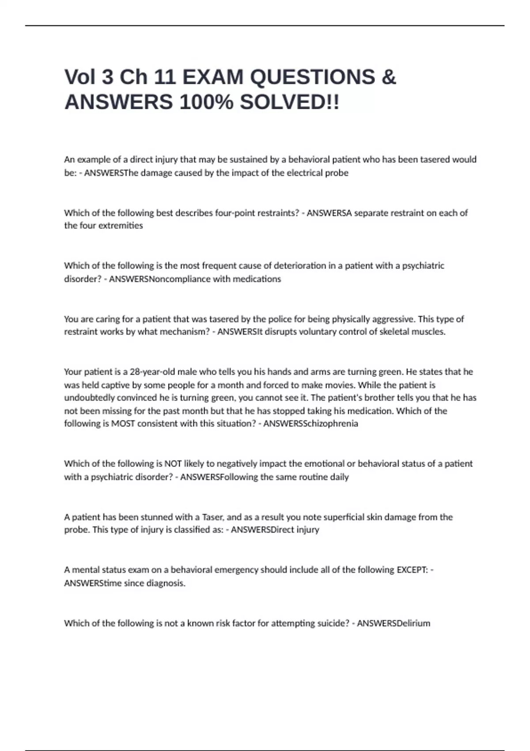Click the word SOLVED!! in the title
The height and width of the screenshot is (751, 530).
pyautogui.click(x=290, y=102)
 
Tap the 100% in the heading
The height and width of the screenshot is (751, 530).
pyautogui.click(x=206, y=102)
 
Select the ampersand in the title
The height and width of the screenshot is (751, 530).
pyautogui.click(x=388, y=77)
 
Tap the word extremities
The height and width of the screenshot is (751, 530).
pyautogui.click(x=121, y=226)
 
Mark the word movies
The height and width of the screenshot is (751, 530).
pyautogui.click(x=339, y=385)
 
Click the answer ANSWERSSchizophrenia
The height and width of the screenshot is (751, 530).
pyautogui.click(x=310, y=424)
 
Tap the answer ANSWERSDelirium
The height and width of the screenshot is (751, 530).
pyautogui.click(x=393, y=623)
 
